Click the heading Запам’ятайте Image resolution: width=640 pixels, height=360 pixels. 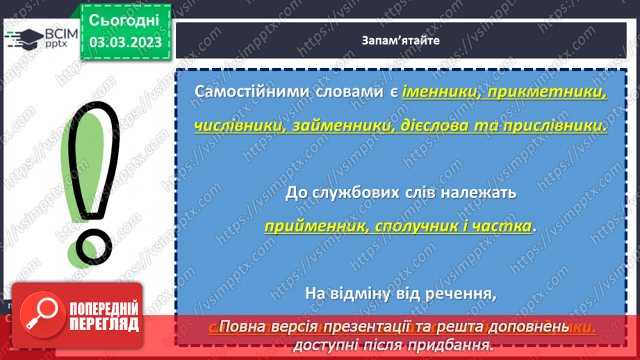(400, 40)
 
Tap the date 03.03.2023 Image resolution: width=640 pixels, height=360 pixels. (125, 42)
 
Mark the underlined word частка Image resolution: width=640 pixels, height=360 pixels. (506, 226)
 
